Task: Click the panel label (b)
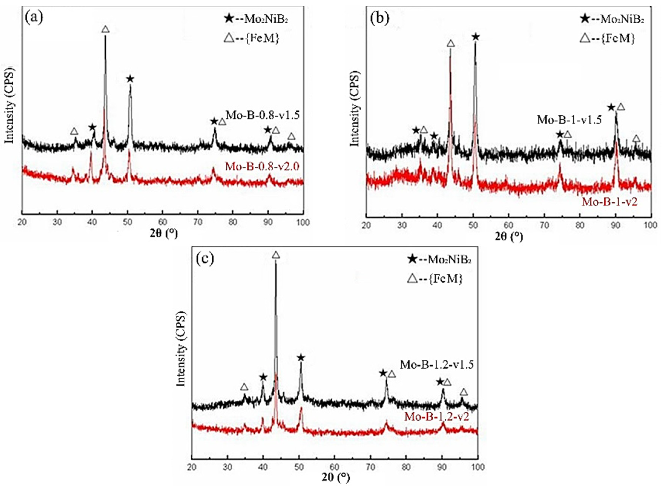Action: point(379,18)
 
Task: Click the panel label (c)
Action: point(205,259)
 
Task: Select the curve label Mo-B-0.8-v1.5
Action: point(263,115)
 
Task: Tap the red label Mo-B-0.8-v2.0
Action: point(262,166)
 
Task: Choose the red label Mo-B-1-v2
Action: point(610,202)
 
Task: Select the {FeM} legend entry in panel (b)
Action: point(607,38)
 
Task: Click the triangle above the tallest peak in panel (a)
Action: point(106,29)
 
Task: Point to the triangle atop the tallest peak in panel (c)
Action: point(276,255)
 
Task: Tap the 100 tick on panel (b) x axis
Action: point(650,225)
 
